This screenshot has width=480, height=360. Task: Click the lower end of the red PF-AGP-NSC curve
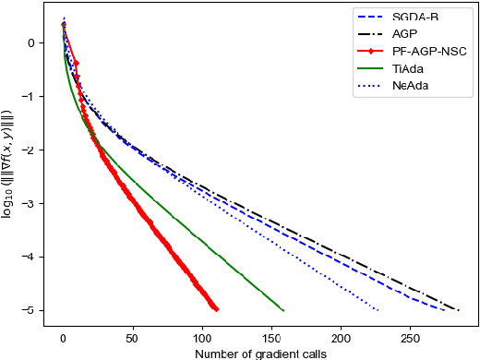tap(216, 309)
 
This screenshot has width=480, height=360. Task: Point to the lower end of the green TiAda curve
tap(283, 310)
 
